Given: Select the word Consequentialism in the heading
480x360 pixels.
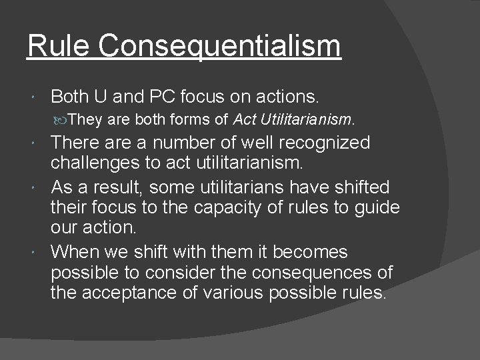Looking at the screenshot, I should (x=220, y=46).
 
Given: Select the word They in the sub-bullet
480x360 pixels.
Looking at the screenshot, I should (x=83, y=120).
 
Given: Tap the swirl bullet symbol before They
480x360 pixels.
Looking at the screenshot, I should (x=61, y=120).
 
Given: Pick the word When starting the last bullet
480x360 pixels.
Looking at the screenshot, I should (x=75, y=252).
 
